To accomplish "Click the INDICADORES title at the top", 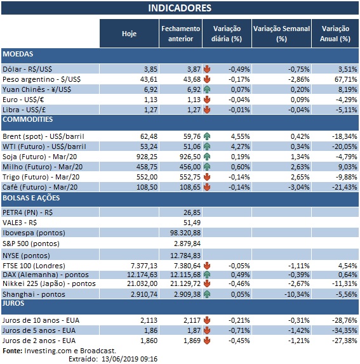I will point(180,8).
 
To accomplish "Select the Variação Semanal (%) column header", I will point(281,34).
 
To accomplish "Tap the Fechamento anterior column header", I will point(180,34).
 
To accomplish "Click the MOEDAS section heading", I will point(18,55).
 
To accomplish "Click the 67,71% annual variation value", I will point(336,79).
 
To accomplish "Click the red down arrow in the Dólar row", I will point(207,68).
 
